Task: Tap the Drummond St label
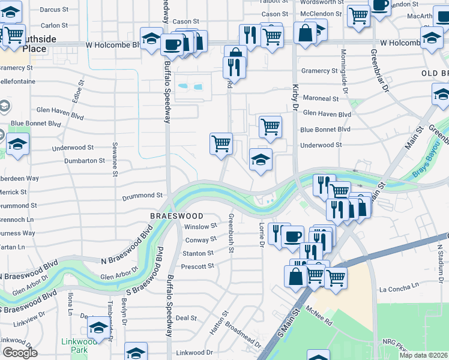(x=143, y=196)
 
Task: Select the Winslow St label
(x=200, y=227)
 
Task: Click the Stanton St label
(x=198, y=253)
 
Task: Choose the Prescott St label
(x=198, y=266)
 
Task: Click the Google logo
(x=20, y=353)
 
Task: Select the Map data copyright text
(x=423, y=355)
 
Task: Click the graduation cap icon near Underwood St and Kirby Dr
(x=261, y=160)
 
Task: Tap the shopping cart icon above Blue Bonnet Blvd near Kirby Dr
(x=270, y=126)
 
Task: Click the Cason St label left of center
(x=186, y=22)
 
